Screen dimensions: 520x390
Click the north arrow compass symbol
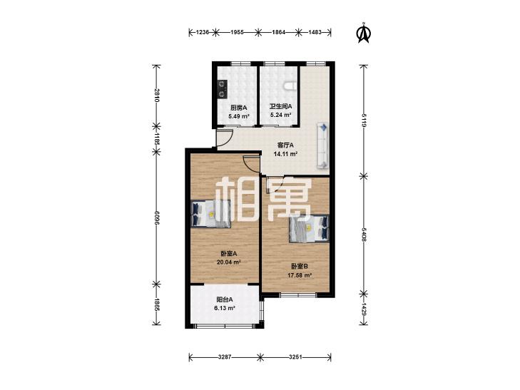click(364, 33)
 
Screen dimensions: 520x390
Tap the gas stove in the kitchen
click(222, 89)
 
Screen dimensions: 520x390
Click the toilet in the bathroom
click(290, 86)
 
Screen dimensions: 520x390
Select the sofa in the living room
click(322, 145)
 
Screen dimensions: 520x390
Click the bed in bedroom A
click(211, 214)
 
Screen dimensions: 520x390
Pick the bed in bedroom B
click(309, 228)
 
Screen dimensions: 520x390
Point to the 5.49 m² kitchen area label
click(239, 116)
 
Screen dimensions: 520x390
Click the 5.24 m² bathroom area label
click(280, 115)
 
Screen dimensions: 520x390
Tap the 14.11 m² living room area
click(285, 154)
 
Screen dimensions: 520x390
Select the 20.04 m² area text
click(228, 262)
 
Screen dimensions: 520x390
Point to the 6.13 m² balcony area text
click(225, 308)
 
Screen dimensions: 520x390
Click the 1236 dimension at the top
click(203, 32)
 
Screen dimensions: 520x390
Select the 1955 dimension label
click(237, 32)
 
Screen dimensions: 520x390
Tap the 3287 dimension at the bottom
click(225, 357)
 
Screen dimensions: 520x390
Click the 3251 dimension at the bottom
click(295, 357)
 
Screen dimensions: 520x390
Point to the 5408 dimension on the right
click(364, 235)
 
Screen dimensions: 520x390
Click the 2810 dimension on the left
click(156, 96)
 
